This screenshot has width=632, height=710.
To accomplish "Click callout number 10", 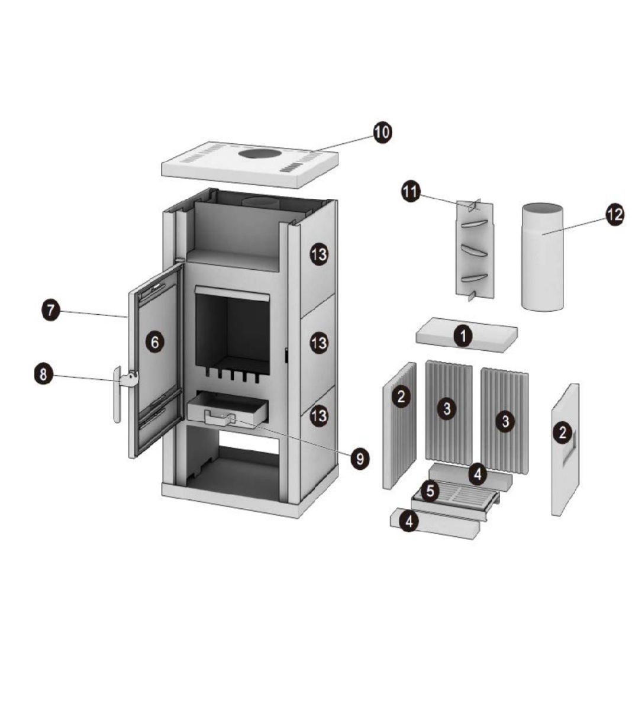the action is pos(382,133).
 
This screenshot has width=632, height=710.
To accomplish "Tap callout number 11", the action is pos(411,192).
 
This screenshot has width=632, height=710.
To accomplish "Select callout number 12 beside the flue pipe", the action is pos(614,214).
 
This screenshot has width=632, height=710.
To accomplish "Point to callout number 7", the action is pos(51,310).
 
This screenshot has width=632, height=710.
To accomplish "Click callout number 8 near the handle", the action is pos(43,375).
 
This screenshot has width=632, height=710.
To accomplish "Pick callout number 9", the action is pos(360,459).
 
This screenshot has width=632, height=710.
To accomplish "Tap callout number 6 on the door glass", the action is pos(154,342).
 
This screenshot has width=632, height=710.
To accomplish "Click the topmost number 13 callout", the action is pos(319,255).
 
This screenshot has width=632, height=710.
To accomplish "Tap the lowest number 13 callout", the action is pos(319,416).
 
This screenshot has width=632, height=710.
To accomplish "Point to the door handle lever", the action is pos(117,394).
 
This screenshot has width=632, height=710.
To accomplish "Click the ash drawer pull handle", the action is pos(220,418).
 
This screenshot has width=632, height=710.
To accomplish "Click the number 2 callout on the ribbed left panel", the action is pos(401,396).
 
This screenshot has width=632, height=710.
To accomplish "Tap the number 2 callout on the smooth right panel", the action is pos(563,433).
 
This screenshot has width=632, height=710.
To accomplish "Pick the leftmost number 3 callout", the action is pos(447,409).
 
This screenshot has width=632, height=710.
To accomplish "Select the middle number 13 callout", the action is pos(319,343).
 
